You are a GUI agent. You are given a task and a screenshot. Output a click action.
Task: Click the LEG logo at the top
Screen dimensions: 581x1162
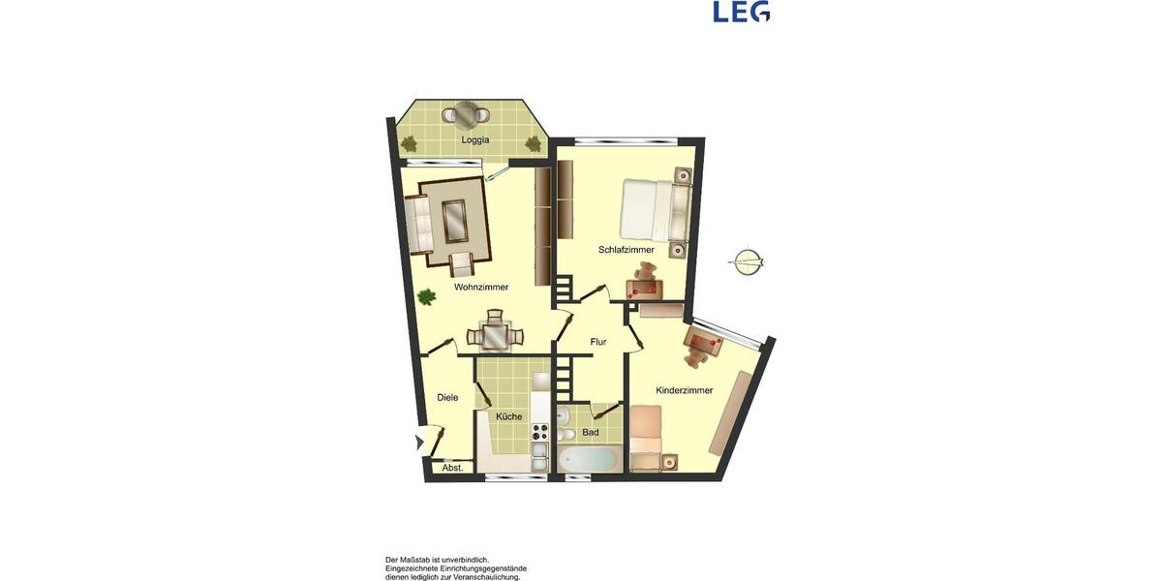pos(741,12)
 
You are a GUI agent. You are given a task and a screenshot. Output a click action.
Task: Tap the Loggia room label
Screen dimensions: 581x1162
pos(474,139)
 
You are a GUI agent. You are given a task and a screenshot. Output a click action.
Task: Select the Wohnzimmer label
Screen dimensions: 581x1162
pos(481,287)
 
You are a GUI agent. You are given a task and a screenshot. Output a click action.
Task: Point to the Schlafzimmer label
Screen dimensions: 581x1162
pos(626,250)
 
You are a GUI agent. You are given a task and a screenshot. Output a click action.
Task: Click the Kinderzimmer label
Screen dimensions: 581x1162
pos(684,390)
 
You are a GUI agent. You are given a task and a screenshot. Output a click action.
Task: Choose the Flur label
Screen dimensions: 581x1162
pos(597,341)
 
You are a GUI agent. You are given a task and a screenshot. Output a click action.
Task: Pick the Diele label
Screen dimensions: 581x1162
pos(447,397)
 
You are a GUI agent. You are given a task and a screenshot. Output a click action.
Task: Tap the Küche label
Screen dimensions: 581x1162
pos(509,416)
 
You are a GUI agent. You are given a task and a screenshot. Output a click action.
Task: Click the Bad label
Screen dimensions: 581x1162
pos(590,432)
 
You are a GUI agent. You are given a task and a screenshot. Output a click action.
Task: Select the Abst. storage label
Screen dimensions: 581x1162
pos(452,468)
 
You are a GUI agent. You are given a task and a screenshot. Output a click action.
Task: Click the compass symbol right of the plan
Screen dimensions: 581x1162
pos(747,261)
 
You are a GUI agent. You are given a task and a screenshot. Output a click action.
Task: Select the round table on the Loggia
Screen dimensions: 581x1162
pos(469,114)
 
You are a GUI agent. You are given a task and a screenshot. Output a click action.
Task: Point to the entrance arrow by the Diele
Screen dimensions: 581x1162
pos(419,443)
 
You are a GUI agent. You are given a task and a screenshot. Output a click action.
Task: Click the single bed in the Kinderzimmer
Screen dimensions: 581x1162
pos(646,438)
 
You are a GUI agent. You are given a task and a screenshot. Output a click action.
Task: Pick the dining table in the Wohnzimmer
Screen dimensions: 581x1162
pos(494,335)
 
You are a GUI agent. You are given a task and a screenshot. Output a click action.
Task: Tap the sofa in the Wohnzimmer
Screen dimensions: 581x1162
pos(419,223)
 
